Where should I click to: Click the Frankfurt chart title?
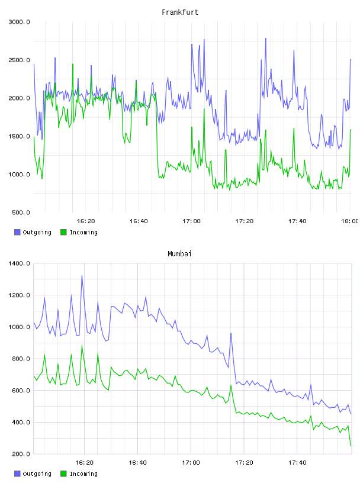pyautogui.click(x=180, y=12)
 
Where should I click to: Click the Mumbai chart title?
pyautogui.click(x=179, y=253)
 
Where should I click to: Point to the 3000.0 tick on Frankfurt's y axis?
pyautogui.click(x=19, y=22)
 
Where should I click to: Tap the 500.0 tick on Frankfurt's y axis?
pyautogui.click(x=21, y=212)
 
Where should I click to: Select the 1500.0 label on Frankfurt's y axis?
pyautogui.click(x=19, y=136)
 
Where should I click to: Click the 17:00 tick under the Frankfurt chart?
pyautogui.click(x=191, y=221)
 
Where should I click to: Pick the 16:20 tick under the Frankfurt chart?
pyautogui.click(x=86, y=221)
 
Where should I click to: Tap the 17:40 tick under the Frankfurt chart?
pyautogui.click(x=297, y=221)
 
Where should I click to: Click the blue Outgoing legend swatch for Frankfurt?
pyautogui.click(x=17, y=232)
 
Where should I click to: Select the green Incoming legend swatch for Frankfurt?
pyautogui.click(x=63, y=232)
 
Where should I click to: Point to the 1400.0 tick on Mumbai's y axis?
pyautogui.click(x=19, y=263)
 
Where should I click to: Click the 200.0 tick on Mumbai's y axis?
pyautogui.click(x=21, y=454)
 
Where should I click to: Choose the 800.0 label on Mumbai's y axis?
pyautogui.click(x=21, y=359)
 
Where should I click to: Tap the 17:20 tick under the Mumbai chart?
pyautogui.click(x=244, y=462)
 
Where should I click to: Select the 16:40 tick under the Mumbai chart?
pyautogui.click(x=137, y=462)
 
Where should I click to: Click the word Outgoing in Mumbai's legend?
pyautogui.click(x=37, y=474)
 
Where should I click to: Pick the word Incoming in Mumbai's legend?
pyautogui.click(x=83, y=474)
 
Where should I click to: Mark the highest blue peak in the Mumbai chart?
pyautogui.click(x=82, y=276)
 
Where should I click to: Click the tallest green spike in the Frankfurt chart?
pyautogui.click(x=73, y=64)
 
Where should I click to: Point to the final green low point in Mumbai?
pyautogui.click(x=351, y=446)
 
